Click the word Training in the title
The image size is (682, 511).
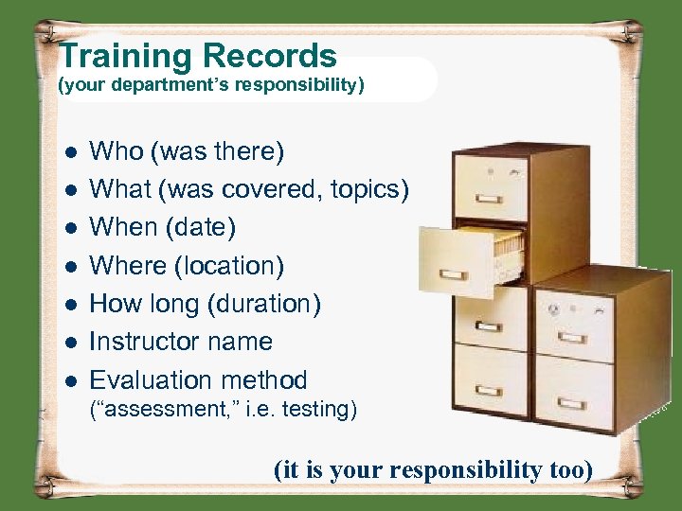click(x=124, y=57)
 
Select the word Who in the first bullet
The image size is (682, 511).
click(x=116, y=151)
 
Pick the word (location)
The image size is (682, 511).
click(x=228, y=266)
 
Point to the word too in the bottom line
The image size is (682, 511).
click(x=567, y=470)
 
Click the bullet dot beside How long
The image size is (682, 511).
click(x=69, y=305)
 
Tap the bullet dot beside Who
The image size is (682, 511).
click(x=69, y=152)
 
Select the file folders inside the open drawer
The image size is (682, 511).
click(x=498, y=245)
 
